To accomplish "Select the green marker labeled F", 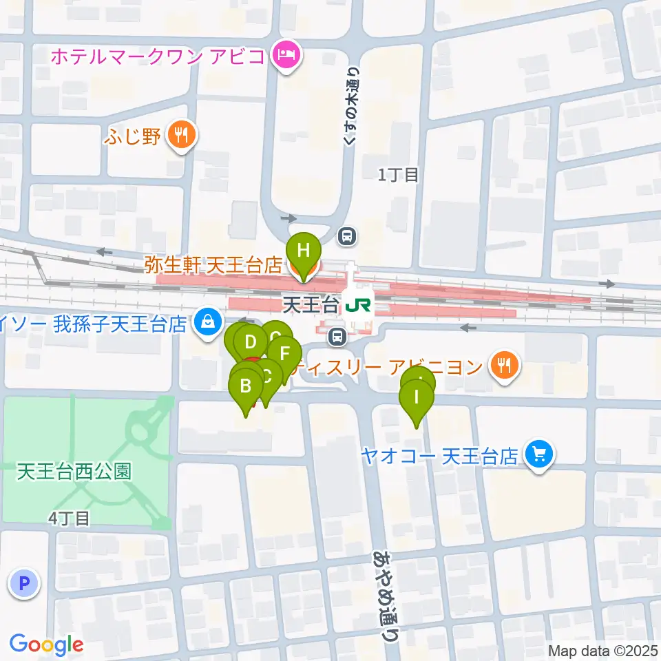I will coord(284,353).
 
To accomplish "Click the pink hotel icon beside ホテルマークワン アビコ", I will coord(286,54).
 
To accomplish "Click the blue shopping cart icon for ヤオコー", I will coord(538,455).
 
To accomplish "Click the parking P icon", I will coord(25,585).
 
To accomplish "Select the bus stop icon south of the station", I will coord(337,337).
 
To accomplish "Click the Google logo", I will coord(46,644).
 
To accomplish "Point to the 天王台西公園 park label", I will coord(74,472).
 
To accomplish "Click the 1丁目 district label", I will coord(398,175).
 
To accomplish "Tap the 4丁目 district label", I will coord(70,518).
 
